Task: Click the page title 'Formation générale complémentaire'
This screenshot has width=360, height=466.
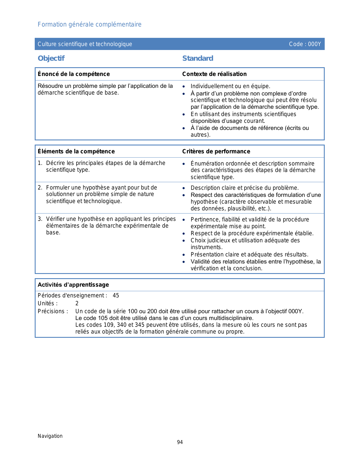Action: coord(90,25)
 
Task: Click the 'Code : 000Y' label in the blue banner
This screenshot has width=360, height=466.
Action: coord(305,44)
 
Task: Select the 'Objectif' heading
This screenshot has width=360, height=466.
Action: coord(51,58)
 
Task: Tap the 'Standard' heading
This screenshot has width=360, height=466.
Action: coord(198,58)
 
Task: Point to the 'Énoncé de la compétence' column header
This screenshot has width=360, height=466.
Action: coord(74,74)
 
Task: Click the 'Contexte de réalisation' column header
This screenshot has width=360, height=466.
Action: coord(214,74)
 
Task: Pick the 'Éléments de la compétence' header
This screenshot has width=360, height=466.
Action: coord(76,151)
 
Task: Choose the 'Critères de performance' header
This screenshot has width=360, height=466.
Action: coord(216,151)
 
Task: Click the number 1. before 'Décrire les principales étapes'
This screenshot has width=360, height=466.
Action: coord(40,163)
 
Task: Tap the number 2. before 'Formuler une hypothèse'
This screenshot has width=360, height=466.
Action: coord(40,188)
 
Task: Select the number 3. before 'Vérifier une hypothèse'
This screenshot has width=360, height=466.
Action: coord(40,219)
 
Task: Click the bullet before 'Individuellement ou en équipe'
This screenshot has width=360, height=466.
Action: coord(184,87)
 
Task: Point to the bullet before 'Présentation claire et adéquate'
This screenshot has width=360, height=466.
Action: coord(184,255)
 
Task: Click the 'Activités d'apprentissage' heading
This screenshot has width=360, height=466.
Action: coord(73,285)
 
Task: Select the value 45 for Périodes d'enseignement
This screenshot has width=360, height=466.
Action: coord(116,296)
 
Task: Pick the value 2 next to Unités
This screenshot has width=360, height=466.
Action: coord(77,304)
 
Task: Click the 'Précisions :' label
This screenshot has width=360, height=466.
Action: coord(53,312)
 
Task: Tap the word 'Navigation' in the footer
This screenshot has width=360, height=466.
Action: coord(50,436)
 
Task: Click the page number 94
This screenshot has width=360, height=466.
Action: coord(180,442)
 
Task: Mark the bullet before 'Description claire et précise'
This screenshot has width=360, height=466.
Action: coord(184,188)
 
